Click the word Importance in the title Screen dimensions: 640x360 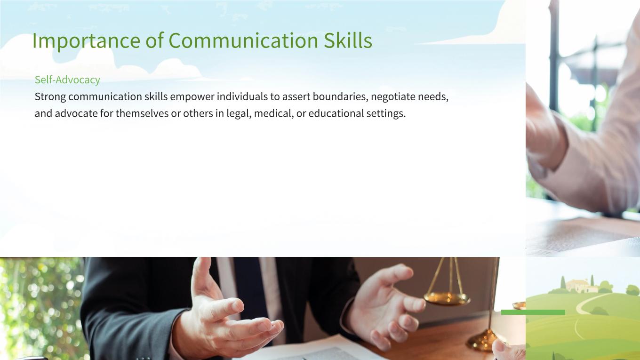[x=86, y=40]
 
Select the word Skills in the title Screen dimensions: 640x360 [x=348, y=40]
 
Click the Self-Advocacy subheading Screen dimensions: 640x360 [x=67, y=80]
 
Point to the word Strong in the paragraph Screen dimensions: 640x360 [x=50, y=97]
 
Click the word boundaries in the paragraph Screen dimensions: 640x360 [x=340, y=96]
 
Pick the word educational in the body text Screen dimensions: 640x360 [x=336, y=113]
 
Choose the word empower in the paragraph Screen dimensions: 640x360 [x=192, y=97]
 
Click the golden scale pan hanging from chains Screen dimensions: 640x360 [x=447, y=298]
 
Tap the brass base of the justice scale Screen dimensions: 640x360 [x=483, y=340]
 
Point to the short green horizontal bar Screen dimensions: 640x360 [x=533, y=312]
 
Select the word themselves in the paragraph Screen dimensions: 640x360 [x=142, y=113]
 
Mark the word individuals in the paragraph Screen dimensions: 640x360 [x=242, y=96]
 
